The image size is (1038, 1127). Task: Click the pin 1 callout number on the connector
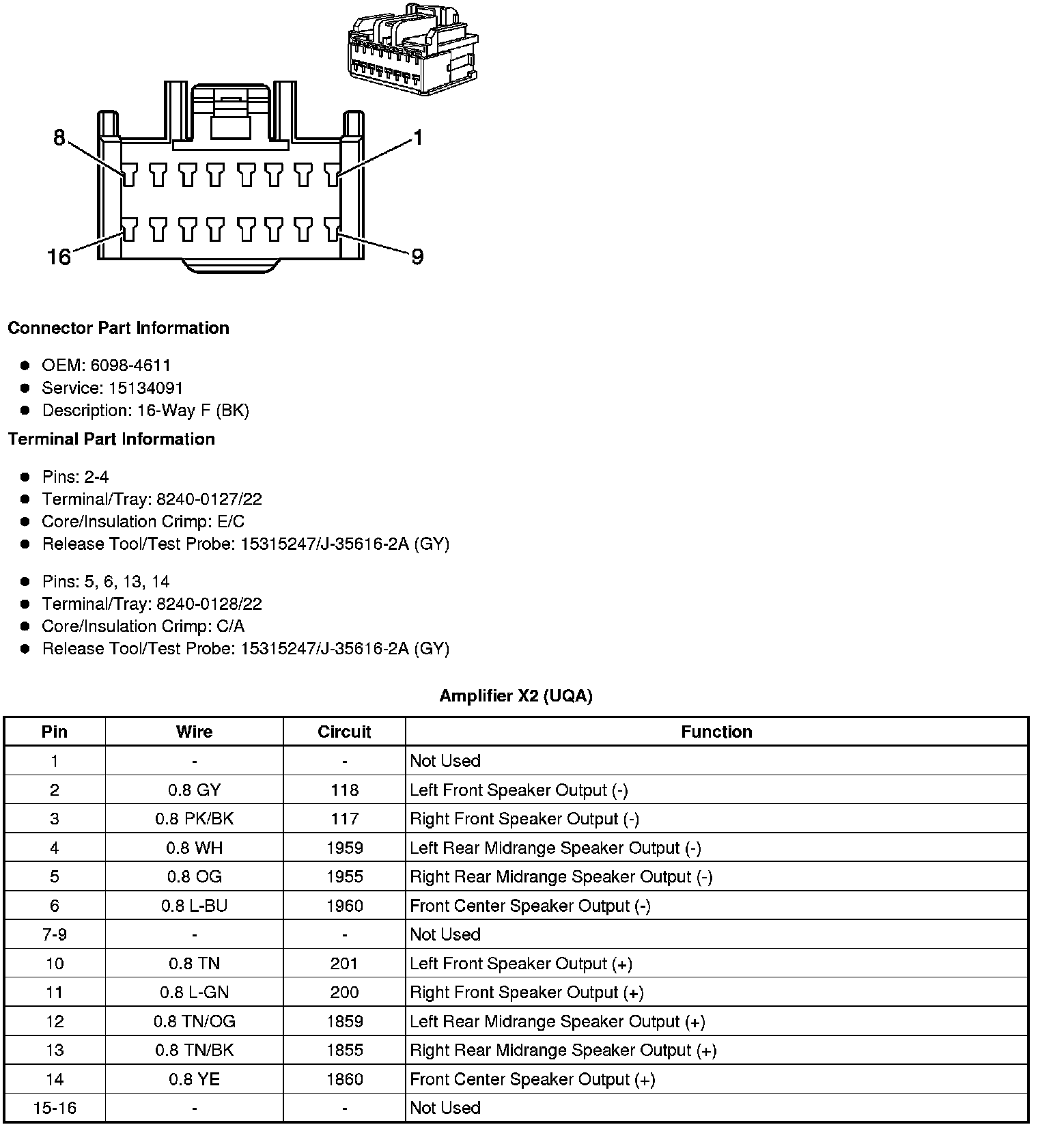point(418,139)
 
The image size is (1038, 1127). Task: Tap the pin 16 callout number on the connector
point(59,257)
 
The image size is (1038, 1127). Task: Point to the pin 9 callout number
point(417,257)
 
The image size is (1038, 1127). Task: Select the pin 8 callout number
point(59,139)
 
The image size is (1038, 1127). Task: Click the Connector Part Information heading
point(118,329)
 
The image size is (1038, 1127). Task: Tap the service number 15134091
point(145,389)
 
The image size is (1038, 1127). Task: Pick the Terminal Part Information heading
point(111,439)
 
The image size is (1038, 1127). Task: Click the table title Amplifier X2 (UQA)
point(516,696)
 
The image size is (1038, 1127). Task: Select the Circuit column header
point(344,732)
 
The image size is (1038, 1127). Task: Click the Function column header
point(716,732)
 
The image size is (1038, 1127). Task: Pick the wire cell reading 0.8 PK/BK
point(195,819)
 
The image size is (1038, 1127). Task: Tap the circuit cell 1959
point(344,848)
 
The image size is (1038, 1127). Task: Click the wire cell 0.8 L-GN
point(195,992)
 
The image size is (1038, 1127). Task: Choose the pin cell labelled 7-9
point(55,934)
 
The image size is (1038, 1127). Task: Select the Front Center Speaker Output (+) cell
point(533,1079)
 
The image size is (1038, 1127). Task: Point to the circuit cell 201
point(344,964)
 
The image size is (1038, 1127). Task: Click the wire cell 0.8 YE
point(195,1079)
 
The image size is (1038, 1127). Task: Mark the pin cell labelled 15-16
point(55,1108)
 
